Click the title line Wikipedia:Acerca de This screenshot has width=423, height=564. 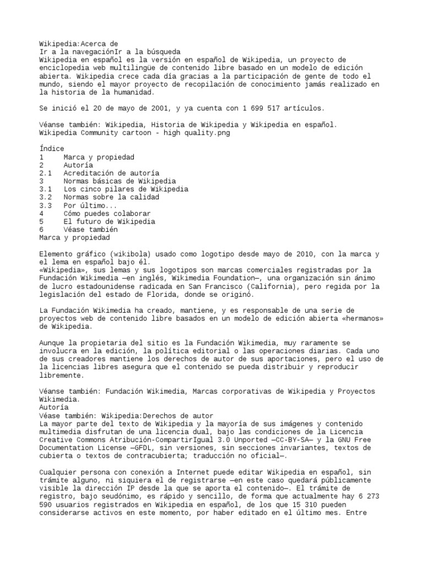(x=79, y=43)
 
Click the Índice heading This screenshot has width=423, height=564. (x=52, y=149)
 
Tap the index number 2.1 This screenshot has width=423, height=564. (x=46, y=173)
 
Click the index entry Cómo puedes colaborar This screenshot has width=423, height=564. (x=107, y=213)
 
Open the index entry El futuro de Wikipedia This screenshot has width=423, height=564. (x=109, y=221)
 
